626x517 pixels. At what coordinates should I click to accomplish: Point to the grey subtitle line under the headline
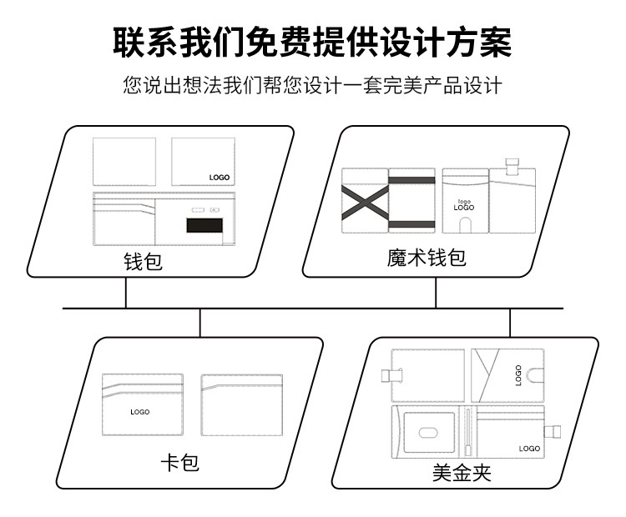point(312,86)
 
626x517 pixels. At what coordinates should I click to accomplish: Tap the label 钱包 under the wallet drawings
point(143,262)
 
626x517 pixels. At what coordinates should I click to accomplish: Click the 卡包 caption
point(179,462)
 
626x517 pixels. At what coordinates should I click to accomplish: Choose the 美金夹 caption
point(462,473)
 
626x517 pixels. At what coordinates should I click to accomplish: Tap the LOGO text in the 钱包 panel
point(219,178)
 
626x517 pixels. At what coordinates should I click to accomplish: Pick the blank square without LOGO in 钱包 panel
point(124,162)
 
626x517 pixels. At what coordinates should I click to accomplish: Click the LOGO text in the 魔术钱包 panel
point(463,204)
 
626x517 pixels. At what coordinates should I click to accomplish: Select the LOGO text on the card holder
point(139,412)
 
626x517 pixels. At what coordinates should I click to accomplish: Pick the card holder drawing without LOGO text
point(241,404)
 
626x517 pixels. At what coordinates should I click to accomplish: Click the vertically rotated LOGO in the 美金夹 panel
point(517,374)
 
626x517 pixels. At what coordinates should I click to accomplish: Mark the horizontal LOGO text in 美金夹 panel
point(528,449)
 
